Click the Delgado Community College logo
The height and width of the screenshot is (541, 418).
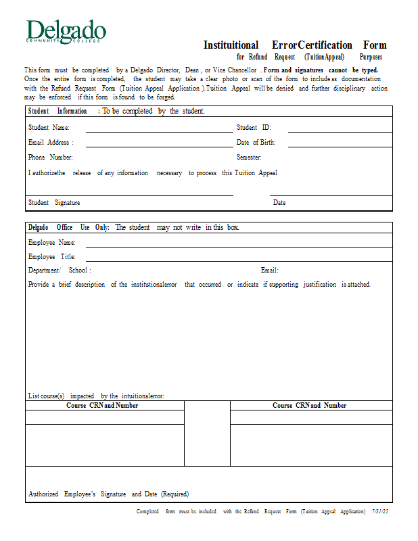tap(66, 32)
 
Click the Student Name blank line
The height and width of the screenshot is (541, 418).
tap(159, 131)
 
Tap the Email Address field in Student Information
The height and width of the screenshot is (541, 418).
tap(159, 145)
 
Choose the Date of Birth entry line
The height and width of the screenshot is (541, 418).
tap(340, 145)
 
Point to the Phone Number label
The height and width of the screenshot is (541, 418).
tap(46, 158)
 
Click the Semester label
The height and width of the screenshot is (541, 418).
tap(249, 158)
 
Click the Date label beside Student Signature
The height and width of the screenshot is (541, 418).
tap(279, 203)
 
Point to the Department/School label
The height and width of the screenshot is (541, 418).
tap(60, 270)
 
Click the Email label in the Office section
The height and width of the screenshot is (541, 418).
tap(269, 270)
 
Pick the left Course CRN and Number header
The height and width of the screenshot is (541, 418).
tap(102, 406)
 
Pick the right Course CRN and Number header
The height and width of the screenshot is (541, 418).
tap(310, 406)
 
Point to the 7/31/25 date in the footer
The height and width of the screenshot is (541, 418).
tap(379, 512)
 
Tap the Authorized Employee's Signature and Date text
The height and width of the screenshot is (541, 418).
tap(108, 494)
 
